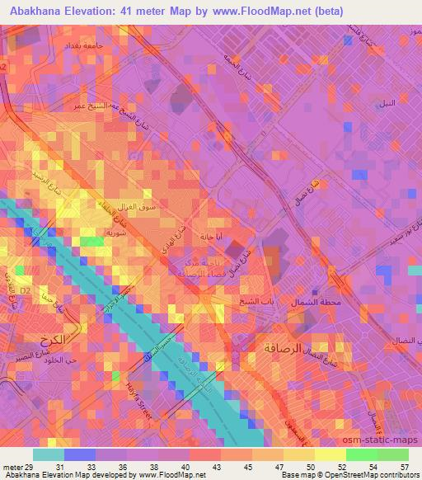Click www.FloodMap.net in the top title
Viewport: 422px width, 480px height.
tap(258, 11)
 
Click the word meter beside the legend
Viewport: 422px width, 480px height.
tap(11, 466)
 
